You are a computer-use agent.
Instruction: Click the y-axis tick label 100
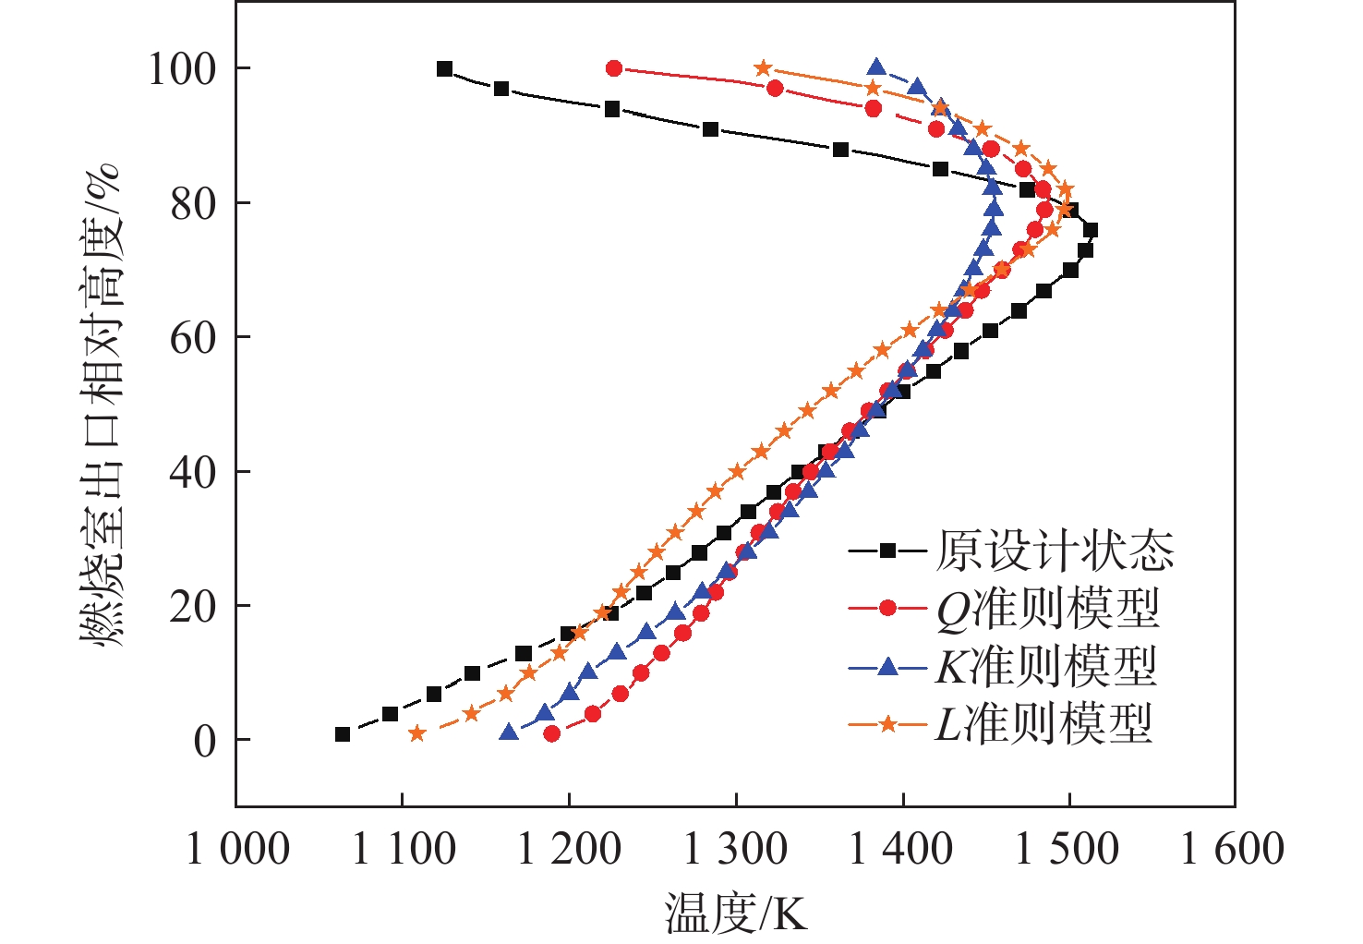click(x=182, y=69)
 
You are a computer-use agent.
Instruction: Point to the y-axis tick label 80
click(x=194, y=204)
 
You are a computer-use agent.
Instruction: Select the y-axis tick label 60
click(x=194, y=338)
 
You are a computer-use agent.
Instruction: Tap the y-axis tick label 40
click(x=194, y=473)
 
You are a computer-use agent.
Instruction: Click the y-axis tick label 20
click(x=194, y=607)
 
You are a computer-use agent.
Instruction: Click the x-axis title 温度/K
click(x=736, y=914)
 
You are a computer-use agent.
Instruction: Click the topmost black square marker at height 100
click(x=444, y=68)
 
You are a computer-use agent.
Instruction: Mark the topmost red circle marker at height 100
click(x=614, y=68)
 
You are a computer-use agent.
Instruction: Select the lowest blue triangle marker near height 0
click(x=509, y=733)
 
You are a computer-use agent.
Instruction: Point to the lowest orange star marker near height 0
click(x=416, y=733)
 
